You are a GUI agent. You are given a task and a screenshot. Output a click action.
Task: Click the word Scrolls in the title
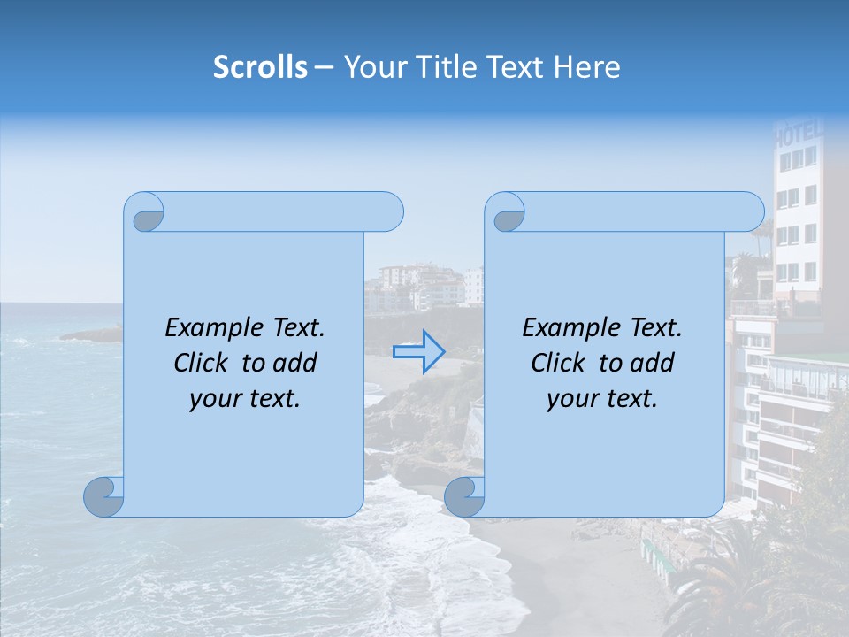click(261, 67)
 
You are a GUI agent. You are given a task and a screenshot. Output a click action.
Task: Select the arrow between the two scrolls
click(418, 351)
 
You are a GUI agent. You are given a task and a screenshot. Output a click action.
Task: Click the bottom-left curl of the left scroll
click(104, 496)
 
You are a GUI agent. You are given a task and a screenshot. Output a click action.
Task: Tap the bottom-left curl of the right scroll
click(464, 496)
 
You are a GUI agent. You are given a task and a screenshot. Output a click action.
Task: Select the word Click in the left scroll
click(202, 364)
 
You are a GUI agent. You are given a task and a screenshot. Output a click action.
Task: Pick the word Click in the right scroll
click(559, 364)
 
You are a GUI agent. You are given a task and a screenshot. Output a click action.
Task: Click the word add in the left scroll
click(296, 364)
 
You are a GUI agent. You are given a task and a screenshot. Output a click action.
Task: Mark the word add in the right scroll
click(654, 364)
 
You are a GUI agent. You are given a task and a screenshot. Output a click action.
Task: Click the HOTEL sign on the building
click(799, 136)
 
